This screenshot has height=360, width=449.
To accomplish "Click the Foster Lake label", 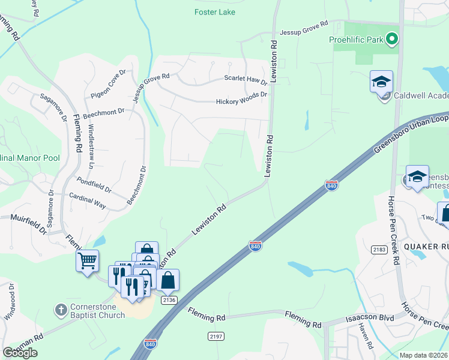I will pos(215,12).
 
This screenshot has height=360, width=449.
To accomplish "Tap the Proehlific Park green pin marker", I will pos(392,40).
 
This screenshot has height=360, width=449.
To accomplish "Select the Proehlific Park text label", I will pos(356,40).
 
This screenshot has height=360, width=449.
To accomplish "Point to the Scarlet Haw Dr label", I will pos(245,79).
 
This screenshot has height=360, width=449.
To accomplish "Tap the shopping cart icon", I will pos(87,260).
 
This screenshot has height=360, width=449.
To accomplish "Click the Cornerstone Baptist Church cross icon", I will pos(61,310).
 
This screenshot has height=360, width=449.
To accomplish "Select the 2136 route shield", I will pos(169,300).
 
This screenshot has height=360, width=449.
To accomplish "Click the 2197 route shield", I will pos(216,337).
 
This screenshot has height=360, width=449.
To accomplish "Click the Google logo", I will pos(20,352).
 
